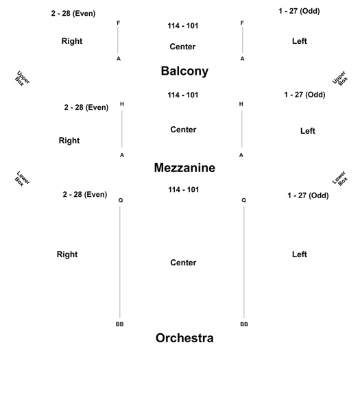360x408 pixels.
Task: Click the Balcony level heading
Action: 184,71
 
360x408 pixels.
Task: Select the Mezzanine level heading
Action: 184,167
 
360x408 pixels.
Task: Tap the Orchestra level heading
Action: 184,338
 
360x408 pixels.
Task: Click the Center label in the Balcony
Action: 182,47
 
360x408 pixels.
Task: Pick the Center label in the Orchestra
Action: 183,263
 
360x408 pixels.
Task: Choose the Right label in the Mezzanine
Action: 69,141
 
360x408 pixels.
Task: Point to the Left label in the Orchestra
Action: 300,254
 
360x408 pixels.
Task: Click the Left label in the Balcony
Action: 300,41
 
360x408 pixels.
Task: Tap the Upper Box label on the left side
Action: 22,78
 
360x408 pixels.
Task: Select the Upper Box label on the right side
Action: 340,78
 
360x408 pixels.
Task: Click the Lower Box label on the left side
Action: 22,178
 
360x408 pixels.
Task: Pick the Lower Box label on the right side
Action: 340,178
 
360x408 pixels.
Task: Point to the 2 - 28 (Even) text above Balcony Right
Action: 73,14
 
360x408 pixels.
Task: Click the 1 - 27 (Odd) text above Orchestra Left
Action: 308,195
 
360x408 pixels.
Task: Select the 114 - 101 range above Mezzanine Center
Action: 183,95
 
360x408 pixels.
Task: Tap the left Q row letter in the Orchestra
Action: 121,200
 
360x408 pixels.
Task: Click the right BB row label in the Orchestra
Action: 244,324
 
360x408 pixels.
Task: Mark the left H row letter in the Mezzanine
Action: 122,104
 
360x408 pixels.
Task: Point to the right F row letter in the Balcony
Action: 242,23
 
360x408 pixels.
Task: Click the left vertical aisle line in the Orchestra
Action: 120,262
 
